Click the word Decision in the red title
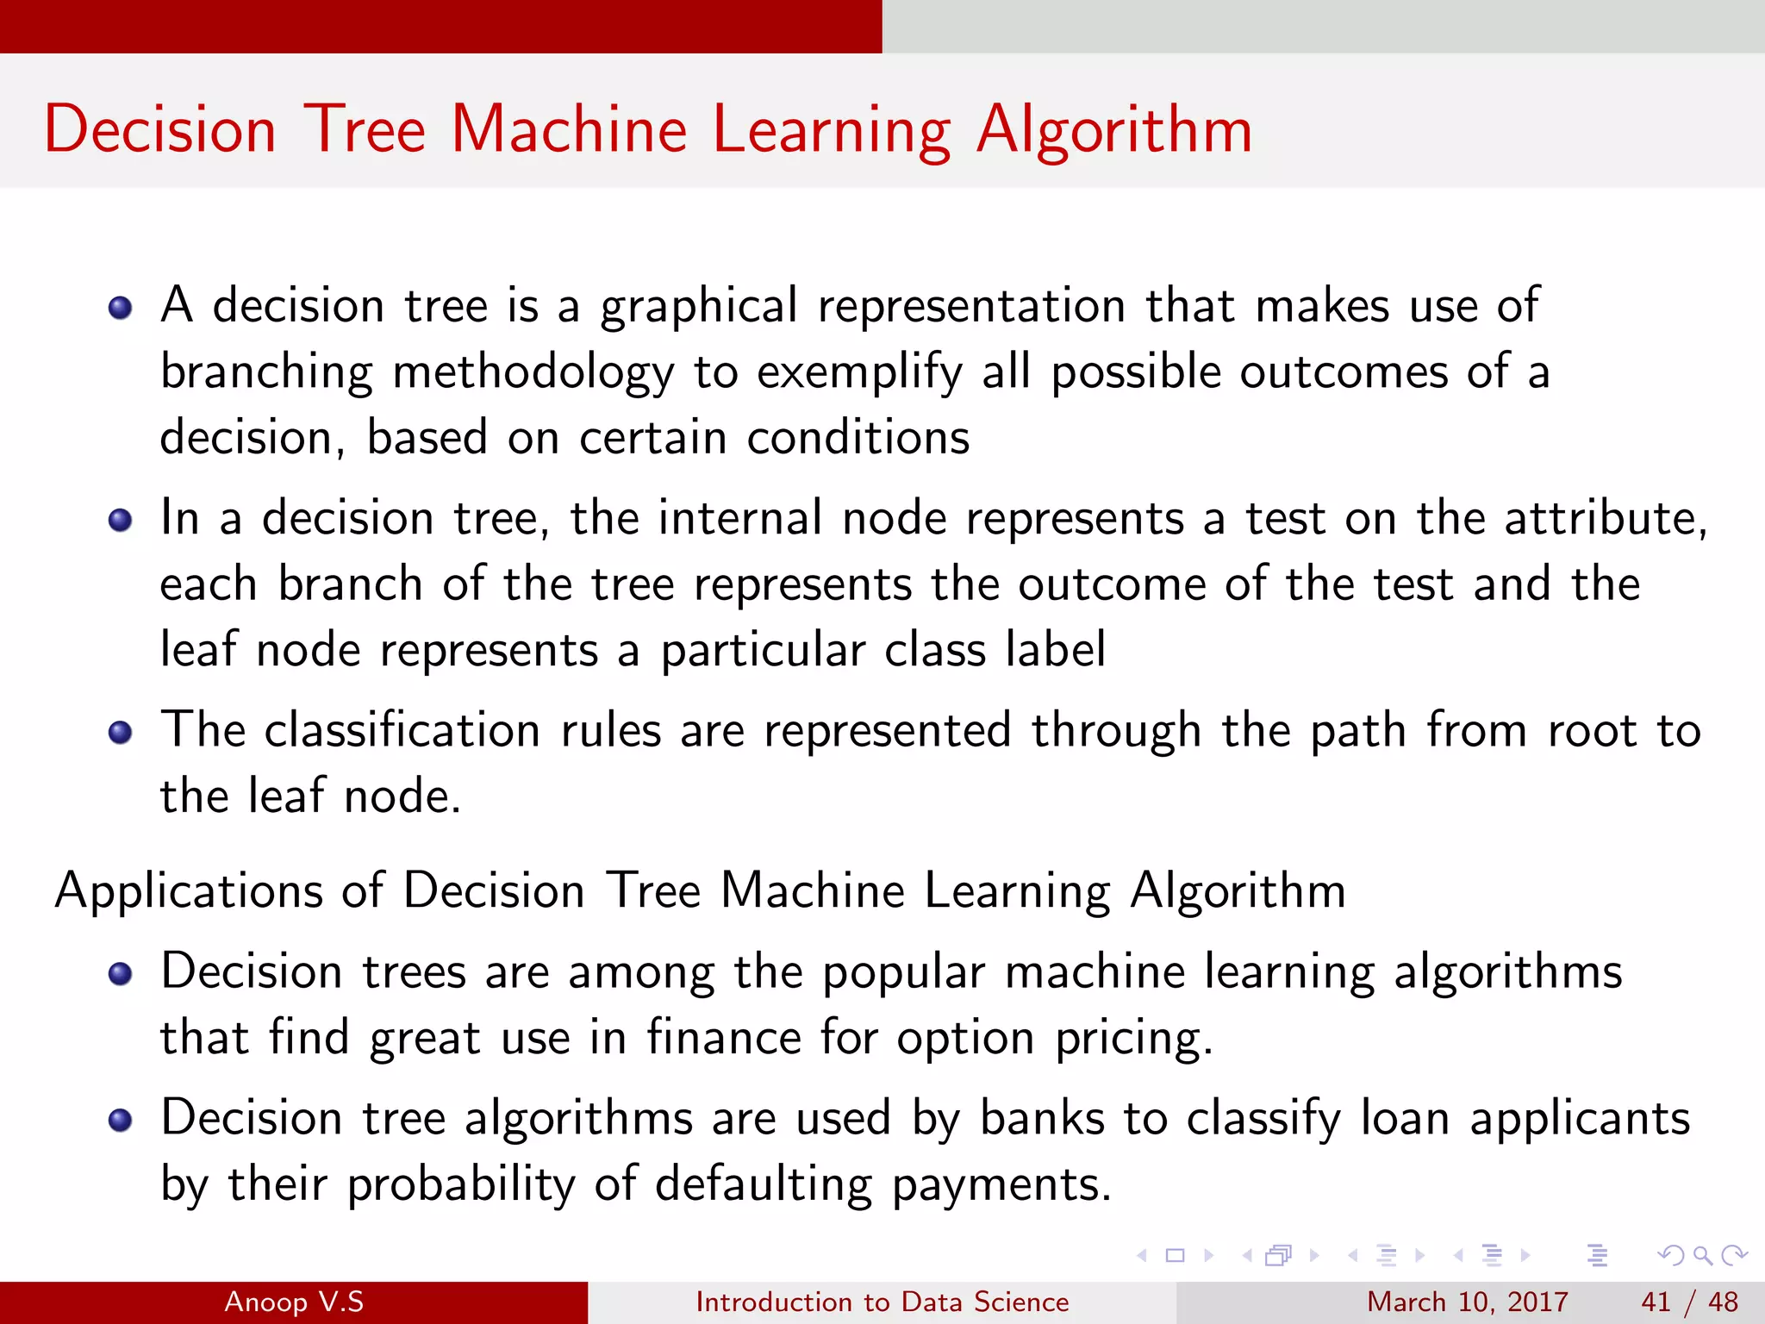(x=160, y=131)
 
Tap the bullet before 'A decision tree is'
(x=120, y=308)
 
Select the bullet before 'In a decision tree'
(x=120, y=520)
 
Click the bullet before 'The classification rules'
(x=120, y=732)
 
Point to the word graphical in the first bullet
(x=699, y=307)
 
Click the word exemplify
(x=859, y=373)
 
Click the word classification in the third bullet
(x=402, y=731)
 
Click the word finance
(x=724, y=1037)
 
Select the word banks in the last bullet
(x=1042, y=1118)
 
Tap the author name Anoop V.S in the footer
(x=294, y=1302)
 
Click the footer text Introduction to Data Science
(x=882, y=1302)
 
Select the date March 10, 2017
(x=1467, y=1302)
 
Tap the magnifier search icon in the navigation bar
(x=1702, y=1255)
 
